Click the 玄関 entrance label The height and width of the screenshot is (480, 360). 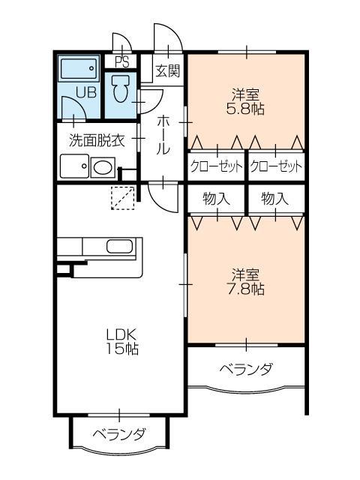coord(167,72)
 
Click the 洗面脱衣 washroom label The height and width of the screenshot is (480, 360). coord(96,139)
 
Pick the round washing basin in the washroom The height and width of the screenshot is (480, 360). coord(102,168)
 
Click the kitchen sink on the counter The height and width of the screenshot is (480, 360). coord(119,247)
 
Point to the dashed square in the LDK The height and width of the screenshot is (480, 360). coord(121,196)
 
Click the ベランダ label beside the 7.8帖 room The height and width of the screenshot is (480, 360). coord(246,370)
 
